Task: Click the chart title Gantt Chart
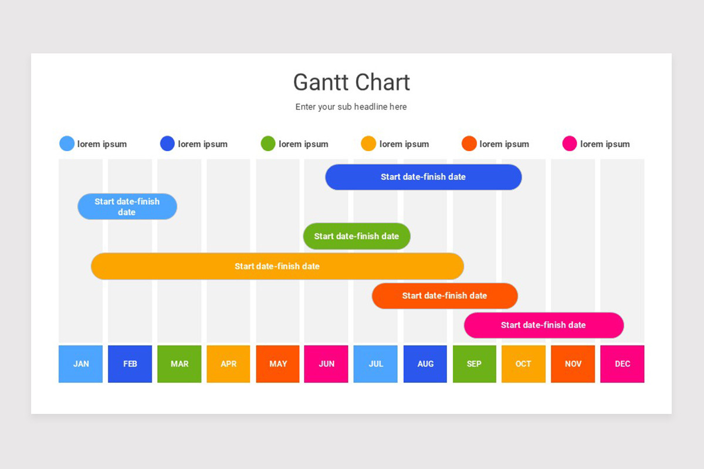[351, 82]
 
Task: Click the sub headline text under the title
[351, 107]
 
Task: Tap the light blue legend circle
[67, 144]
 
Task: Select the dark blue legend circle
[167, 144]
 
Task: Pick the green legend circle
[268, 144]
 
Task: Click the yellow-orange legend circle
[368, 144]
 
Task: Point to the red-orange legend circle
[469, 144]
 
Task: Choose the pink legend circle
[570, 144]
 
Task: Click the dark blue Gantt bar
[423, 177]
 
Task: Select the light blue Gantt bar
[127, 206]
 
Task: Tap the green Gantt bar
[356, 236]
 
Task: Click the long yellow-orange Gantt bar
[277, 266]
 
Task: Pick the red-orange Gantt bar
[445, 295]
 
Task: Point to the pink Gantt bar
[543, 325]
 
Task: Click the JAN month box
[81, 364]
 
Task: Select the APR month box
[228, 364]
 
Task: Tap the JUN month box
[326, 364]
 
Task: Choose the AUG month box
[425, 364]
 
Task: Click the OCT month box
[523, 364]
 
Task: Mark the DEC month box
[622, 364]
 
